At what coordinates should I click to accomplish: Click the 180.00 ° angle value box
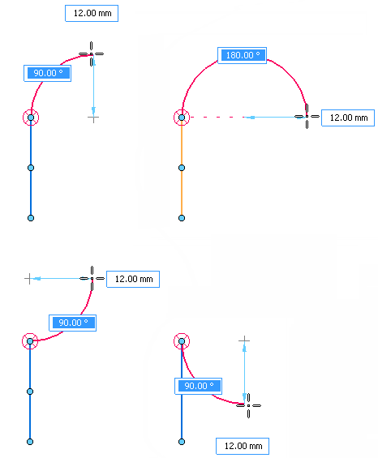click(x=242, y=55)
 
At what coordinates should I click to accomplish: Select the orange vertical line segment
click(x=182, y=168)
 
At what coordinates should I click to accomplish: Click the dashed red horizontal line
click(x=217, y=117)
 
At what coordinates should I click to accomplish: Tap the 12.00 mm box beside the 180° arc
click(x=348, y=118)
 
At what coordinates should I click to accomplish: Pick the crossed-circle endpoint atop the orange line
click(x=182, y=118)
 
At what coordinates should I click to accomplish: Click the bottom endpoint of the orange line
click(x=182, y=218)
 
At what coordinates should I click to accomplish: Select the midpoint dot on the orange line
click(x=182, y=168)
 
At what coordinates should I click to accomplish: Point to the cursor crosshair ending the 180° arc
click(x=307, y=116)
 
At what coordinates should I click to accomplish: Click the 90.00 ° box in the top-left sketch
click(x=47, y=73)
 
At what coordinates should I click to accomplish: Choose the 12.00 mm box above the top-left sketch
click(x=92, y=13)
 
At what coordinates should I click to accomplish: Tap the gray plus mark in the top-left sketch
click(x=93, y=118)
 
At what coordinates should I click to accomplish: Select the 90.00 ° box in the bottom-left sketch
click(x=72, y=323)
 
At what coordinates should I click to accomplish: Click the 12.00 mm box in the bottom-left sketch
click(x=133, y=279)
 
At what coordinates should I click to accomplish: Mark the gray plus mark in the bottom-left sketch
click(x=29, y=278)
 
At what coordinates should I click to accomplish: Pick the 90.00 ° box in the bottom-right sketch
click(x=198, y=386)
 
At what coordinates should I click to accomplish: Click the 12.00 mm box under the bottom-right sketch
click(x=243, y=446)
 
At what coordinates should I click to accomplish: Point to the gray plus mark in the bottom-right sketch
click(x=244, y=340)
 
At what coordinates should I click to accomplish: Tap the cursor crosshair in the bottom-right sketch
click(x=248, y=405)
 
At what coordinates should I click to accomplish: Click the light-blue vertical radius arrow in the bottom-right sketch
click(x=244, y=373)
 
